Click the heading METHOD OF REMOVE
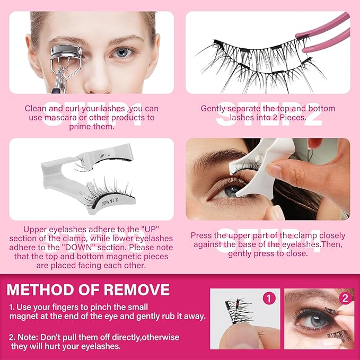tap(88, 290)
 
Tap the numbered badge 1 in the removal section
tap(269, 298)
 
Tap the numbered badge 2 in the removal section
tap(345, 298)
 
